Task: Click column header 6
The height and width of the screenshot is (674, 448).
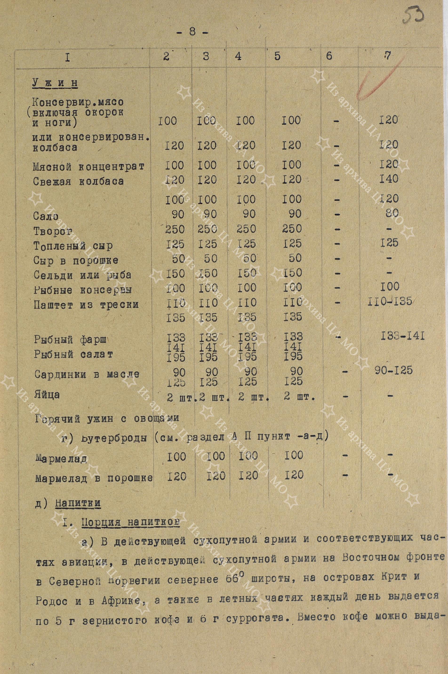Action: [x=329, y=56]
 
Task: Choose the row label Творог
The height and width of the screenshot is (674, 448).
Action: [x=53, y=231]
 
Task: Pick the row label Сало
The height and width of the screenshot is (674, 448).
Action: [x=46, y=216]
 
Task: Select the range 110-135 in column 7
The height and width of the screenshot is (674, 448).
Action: [x=389, y=301]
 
